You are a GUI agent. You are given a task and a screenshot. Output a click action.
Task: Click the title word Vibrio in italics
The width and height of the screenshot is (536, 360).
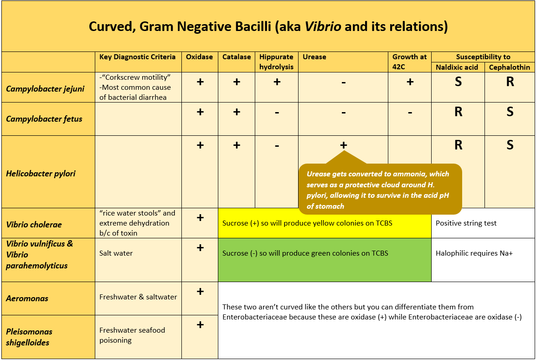point(323,26)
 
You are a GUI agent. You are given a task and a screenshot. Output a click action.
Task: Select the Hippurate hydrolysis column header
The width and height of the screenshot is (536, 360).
point(276,62)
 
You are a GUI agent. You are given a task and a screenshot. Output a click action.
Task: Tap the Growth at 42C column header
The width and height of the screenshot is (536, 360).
point(409,62)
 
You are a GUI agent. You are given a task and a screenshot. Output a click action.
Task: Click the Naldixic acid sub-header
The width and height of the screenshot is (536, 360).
point(457,67)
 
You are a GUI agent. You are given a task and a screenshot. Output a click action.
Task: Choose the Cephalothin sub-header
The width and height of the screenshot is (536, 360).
point(510,67)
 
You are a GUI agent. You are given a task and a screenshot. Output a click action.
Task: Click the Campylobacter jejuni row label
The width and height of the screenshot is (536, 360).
point(45,89)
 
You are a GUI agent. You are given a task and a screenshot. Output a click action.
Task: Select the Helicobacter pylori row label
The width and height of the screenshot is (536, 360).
point(41,174)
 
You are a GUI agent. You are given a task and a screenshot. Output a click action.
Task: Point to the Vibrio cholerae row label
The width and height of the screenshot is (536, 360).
point(34,225)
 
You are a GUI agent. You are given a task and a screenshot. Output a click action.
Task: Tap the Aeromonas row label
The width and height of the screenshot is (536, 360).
point(27,298)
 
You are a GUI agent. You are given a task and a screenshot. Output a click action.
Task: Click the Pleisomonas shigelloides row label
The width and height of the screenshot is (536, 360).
point(29,337)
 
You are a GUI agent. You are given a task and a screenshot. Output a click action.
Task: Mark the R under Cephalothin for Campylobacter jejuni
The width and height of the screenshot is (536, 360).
point(510,82)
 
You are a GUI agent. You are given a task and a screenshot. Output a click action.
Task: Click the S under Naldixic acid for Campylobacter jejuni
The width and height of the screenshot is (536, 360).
point(458,82)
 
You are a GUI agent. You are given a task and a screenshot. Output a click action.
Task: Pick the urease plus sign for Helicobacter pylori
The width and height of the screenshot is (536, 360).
point(344,145)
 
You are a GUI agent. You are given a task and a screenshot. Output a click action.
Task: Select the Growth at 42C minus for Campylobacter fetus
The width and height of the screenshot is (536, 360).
point(410,112)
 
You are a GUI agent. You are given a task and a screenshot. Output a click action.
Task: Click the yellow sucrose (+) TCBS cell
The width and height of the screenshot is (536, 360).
point(325,223)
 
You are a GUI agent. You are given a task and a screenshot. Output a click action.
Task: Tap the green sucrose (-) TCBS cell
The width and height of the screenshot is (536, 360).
point(325,260)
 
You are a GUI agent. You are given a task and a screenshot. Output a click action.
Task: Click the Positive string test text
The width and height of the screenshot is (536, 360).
point(466,223)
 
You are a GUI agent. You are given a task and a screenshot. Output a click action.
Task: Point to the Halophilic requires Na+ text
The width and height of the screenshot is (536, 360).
point(474,253)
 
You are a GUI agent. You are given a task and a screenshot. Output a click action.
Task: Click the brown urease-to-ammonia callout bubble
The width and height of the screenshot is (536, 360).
point(380,189)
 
